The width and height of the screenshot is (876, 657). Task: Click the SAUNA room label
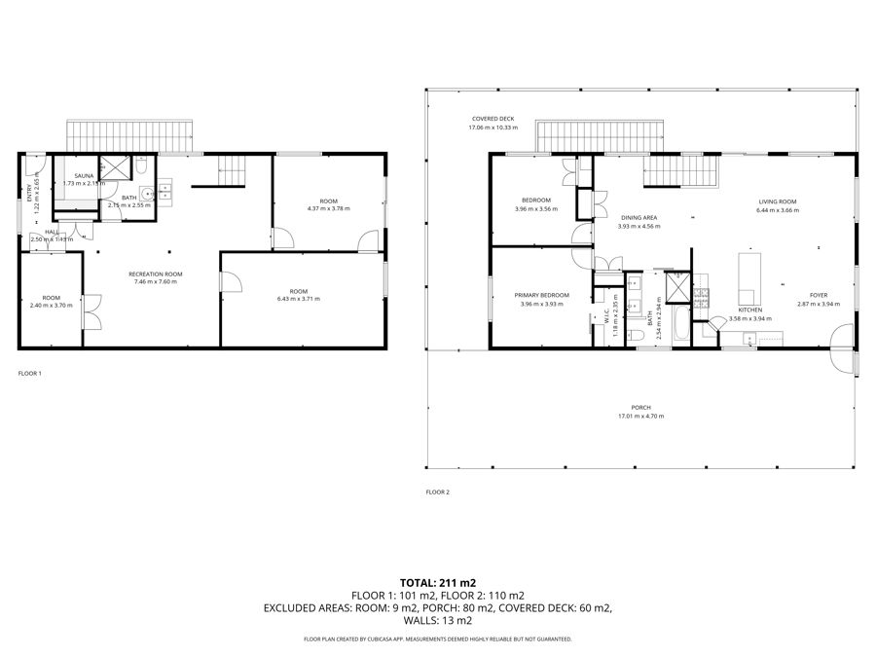pos(84,175)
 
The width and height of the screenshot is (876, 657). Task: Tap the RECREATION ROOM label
pos(156,274)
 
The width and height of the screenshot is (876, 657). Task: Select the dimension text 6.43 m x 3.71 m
pos(298,299)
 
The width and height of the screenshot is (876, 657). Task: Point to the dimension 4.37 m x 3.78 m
pos(328,208)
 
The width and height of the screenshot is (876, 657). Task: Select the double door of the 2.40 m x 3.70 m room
pos(91,313)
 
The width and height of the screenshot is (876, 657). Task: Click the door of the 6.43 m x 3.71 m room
pos(232,282)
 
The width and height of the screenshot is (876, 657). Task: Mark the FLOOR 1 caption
pos(30,373)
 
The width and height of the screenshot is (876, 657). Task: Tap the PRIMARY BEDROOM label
pos(542,295)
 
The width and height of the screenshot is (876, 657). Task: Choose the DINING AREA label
pos(639,217)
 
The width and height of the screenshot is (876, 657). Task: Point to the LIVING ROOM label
pos(778,201)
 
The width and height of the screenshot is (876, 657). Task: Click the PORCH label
pos(640,408)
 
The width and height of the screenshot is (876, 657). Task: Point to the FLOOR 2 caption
pos(437,493)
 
